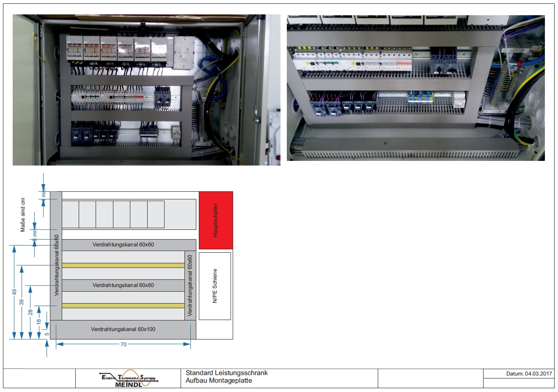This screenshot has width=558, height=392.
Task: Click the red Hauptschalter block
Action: (216, 220)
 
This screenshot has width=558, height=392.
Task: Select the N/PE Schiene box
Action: (215, 286)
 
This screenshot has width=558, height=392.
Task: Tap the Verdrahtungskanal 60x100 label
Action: (123, 329)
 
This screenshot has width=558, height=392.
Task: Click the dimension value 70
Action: (124, 345)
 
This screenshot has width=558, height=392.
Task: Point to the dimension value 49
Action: (14, 292)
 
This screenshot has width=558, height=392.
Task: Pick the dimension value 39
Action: (22, 302)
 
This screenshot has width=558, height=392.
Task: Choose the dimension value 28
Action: (30, 312)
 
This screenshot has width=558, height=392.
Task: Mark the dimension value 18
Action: (39, 321)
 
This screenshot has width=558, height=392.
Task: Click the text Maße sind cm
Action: (23, 215)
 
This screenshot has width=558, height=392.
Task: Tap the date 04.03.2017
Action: (538, 374)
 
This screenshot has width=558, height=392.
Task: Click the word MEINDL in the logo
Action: (129, 384)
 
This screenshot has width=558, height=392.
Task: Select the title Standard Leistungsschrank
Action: (227, 373)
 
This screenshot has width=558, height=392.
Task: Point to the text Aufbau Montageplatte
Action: (219, 381)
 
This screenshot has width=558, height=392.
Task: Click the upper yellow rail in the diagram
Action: (123, 265)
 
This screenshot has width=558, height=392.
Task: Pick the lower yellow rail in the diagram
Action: (123, 306)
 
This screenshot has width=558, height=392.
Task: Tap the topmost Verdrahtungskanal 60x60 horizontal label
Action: (123, 245)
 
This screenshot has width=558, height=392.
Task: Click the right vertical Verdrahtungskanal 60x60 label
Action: (190, 285)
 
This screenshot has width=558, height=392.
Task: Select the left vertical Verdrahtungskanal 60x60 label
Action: (57, 265)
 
